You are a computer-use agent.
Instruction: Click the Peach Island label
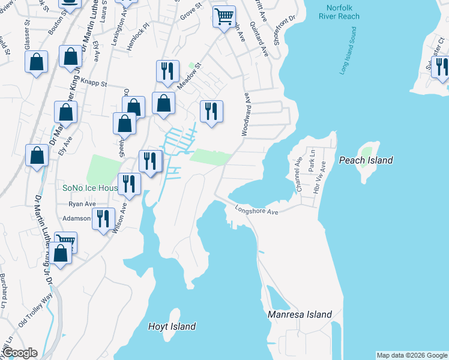point(366,160)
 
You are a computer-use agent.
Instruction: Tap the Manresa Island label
point(300,314)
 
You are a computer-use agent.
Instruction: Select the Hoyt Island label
point(172,326)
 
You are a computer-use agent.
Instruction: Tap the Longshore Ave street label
point(257,211)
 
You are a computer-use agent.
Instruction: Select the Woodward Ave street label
point(246,113)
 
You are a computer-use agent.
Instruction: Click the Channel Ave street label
point(298,175)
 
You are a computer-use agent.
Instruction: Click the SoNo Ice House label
point(90,188)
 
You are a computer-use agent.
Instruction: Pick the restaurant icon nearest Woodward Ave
point(211,112)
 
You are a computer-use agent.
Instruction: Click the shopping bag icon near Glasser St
point(37,62)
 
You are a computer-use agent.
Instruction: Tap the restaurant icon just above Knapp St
point(167,71)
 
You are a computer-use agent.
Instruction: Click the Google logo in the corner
point(19,353)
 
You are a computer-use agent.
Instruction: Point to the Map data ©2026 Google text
point(412,355)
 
